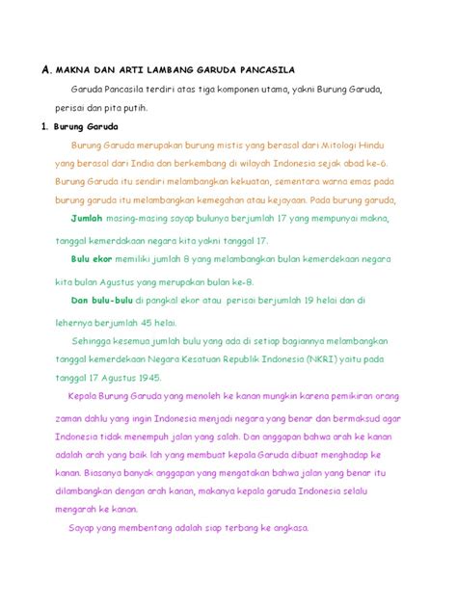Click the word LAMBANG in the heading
173,70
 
